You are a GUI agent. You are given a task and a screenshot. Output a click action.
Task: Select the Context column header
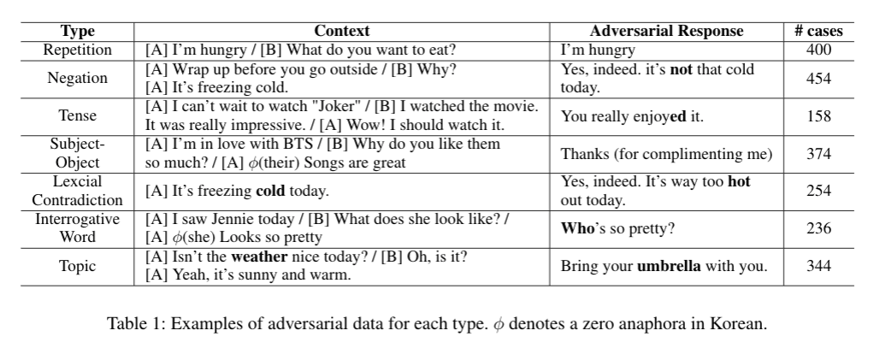tap(342, 32)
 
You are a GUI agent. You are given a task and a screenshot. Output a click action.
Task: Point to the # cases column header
tap(818, 32)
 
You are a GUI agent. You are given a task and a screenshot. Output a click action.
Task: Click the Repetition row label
tap(76, 50)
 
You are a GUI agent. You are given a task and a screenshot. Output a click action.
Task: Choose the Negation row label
tap(76, 78)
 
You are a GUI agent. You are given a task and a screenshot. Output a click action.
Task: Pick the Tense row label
tap(76, 115)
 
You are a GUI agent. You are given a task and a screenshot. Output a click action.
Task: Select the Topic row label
tap(76, 266)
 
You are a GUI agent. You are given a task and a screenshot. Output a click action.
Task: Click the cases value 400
tap(818, 50)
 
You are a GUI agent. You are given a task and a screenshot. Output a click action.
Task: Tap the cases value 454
tap(818, 78)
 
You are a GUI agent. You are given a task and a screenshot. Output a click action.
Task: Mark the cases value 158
tap(818, 115)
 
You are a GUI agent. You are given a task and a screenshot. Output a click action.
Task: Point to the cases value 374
tap(818, 153)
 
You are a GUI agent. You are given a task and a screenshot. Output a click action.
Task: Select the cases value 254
tap(818, 191)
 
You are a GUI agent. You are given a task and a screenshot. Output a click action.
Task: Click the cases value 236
tap(818, 228)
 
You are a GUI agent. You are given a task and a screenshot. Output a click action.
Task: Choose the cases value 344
tap(818, 266)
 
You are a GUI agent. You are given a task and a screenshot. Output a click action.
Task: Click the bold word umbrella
tap(669, 266)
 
